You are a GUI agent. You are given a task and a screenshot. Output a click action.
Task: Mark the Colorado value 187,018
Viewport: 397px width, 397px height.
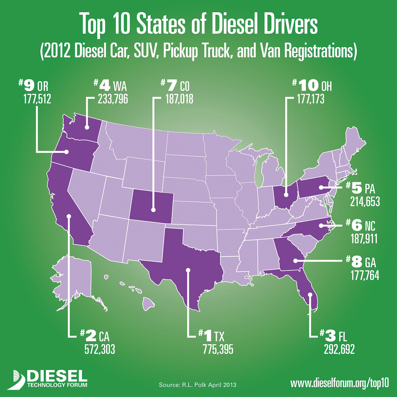(x=176, y=98)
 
